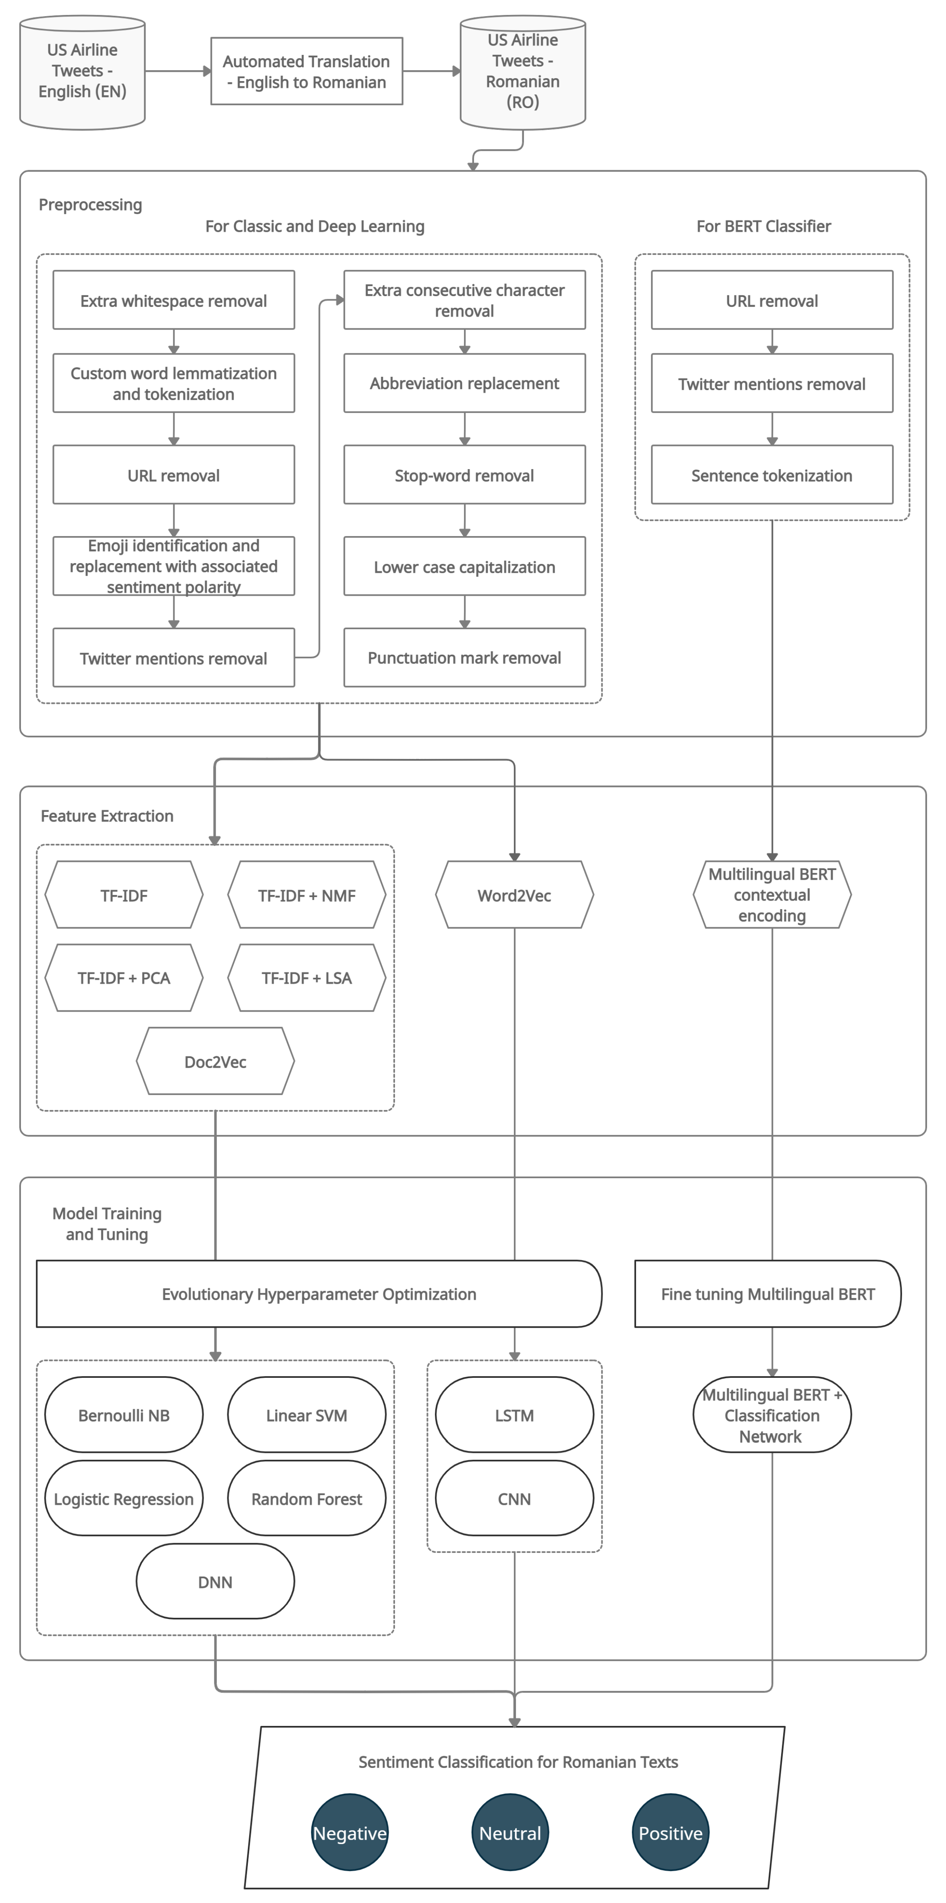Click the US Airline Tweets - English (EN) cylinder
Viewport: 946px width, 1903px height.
(x=82, y=72)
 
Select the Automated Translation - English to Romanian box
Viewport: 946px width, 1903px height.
(x=306, y=72)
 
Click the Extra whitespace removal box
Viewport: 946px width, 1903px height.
(x=174, y=300)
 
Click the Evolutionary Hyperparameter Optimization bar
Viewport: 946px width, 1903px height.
(x=318, y=1294)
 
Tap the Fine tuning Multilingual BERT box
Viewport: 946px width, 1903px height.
(x=767, y=1294)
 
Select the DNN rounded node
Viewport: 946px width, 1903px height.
(x=215, y=1582)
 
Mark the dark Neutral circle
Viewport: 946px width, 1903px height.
(x=509, y=1833)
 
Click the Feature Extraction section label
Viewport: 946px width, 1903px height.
(x=107, y=816)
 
